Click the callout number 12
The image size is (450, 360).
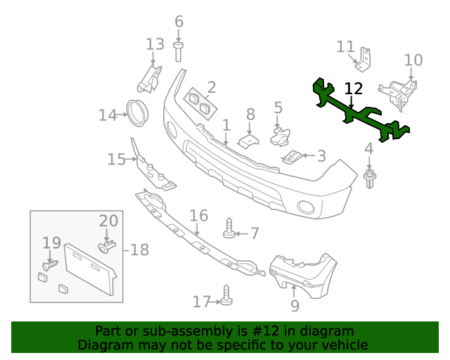pyautogui.click(x=354, y=89)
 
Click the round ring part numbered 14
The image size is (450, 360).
pyautogui.click(x=136, y=113)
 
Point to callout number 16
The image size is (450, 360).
pyautogui.click(x=199, y=215)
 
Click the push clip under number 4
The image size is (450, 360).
pyautogui.click(x=368, y=179)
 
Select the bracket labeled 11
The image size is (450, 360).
pyautogui.click(x=364, y=60)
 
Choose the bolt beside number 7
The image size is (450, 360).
pyautogui.click(x=229, y=229)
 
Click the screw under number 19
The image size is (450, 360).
pyautogui.click(x=50, y=266)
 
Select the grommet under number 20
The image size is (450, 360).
pyautogui.click(x=107, y=246)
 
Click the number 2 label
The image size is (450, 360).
pyautogui.click(x=211, y=88)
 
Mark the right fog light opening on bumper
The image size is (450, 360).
pyautogui.click(x=307, y=207)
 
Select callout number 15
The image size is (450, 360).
pyautogui.click(x=116, y=160)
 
